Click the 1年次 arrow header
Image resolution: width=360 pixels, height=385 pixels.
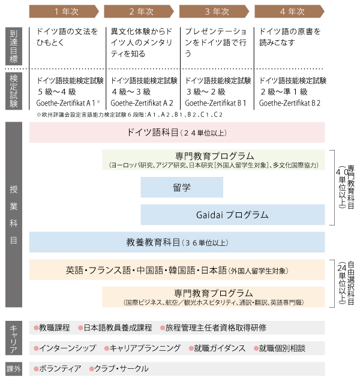tap(64, 11)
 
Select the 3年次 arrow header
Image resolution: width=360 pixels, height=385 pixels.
tap(214, 11)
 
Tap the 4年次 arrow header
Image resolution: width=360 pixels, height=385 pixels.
tap(289, 11)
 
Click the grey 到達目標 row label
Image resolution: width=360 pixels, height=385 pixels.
tap(14, 46)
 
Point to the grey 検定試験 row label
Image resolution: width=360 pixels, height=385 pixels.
tap(14, 91)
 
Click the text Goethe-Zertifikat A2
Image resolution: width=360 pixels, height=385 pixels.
tap(142, 103)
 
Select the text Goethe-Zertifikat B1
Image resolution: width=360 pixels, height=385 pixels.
tap(215, 103)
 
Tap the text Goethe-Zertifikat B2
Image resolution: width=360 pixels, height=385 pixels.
tap(290, 103)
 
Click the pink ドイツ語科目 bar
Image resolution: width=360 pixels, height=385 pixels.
tap(177, 133)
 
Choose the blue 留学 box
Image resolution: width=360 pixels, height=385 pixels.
tap(182, 187)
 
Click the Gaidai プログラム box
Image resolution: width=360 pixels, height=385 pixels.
tap(232, 215)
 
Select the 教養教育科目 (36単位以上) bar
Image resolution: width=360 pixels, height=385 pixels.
tap(177, 242)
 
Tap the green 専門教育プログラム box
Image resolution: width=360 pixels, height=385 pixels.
tap(213, 160)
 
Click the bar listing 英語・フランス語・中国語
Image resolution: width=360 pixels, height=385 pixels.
tap(177, 270)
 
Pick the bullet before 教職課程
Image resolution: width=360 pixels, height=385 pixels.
tap(36, 328)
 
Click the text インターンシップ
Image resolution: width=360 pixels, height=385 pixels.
tap(68, 348)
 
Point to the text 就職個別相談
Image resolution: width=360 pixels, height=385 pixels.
tap(282, 348)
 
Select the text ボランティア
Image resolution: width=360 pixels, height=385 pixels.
tap(60, 369)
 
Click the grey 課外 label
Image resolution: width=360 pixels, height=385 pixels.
tap(14, 369)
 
